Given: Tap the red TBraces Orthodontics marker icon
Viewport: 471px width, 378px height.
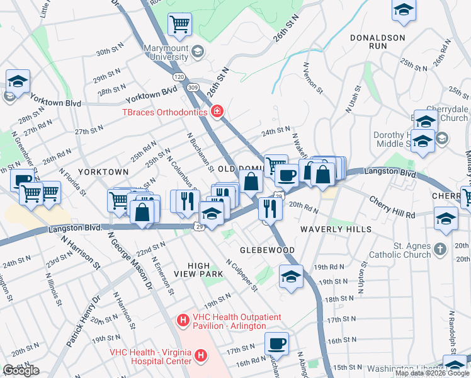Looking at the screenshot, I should click(x=217, y=112).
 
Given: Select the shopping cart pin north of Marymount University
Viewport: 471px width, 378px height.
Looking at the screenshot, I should click(x=179, y=25).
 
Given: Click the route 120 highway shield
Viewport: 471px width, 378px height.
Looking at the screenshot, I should click(x=179, y=76).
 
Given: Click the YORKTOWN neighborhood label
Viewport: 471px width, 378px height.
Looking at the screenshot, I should click(x=103, y=171).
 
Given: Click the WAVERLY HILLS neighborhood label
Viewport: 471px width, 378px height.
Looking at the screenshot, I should click(x=336, y=229).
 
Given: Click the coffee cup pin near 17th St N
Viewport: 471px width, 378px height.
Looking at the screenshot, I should click(x=276, y=344).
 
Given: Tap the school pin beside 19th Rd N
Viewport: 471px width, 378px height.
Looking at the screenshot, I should click(x=290, y=276).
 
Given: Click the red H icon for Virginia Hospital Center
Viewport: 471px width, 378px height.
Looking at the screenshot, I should click(x=200, y=357).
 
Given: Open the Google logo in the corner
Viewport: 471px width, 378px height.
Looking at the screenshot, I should click(x=21, y=370).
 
